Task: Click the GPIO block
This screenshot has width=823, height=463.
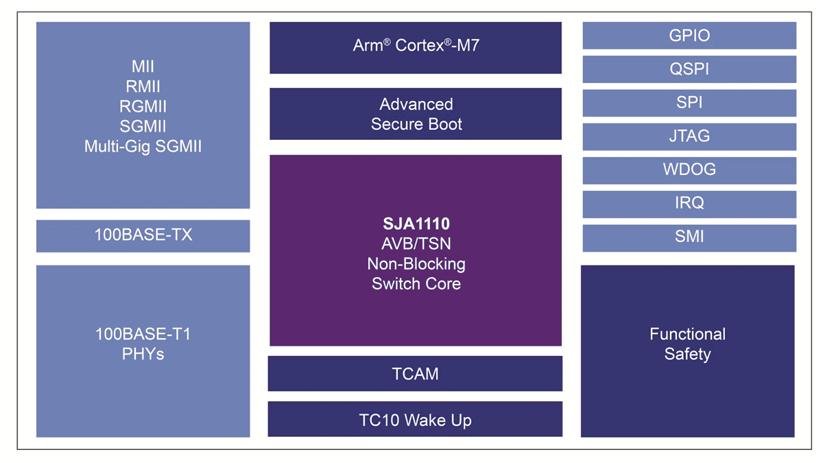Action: (x=689, y=36)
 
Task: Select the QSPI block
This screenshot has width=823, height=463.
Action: (x=689, y=69)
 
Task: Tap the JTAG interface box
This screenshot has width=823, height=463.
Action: (x=689, y=136)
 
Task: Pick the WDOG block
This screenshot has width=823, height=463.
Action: (x=689, y=170)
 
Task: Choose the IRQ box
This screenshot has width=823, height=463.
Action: (x=689, y=204)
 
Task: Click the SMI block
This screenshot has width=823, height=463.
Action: (x=689, y=237)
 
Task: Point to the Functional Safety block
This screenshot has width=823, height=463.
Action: (x=687, y=344)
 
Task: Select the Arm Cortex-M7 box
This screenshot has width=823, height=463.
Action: (x=416, y=46)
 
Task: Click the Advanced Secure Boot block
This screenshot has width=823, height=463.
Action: (x=416, y=114)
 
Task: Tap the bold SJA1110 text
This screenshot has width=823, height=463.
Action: (x=416, y=223)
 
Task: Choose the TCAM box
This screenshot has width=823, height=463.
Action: (x=415, y=374)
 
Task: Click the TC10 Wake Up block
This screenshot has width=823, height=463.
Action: (x=415, y=420)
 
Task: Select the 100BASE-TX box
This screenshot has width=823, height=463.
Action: (x=143, y=235)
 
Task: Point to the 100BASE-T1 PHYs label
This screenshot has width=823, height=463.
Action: (x=143, y=344)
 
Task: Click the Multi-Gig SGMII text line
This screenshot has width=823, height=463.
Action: (x=143, y=147)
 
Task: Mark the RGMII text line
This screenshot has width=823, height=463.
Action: (x=143, y=106)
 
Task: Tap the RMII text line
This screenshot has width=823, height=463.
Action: (x=143, y=86)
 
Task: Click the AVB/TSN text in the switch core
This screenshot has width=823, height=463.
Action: (x=416, y=244)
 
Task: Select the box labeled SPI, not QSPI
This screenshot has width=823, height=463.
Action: (x=689, y=103)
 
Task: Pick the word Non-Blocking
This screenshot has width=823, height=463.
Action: (x=416, y=263)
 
